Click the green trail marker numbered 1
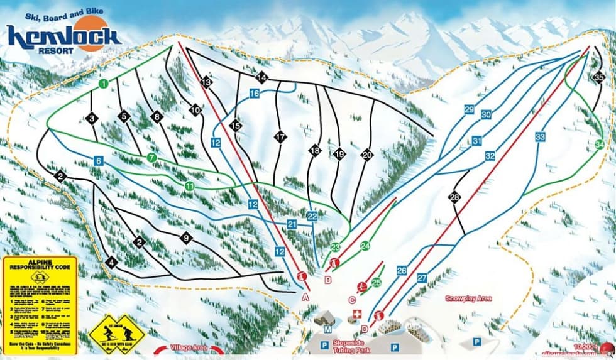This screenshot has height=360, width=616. click(x=103, y=83)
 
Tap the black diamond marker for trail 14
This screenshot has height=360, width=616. click(x=261, y=77)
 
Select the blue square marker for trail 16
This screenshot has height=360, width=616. click(x=254, y=94)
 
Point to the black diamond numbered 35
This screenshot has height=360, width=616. click(x=598, y=77)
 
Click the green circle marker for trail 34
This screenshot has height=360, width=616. click(x=599, y=145)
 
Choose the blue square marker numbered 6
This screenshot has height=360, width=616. click(x=98, y=161)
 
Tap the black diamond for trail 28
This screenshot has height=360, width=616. click(x=454, y=197)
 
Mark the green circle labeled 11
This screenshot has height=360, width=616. click(x=190, y=186)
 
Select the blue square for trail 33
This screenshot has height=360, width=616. click(x=540, y=136)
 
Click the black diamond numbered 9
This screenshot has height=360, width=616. click(x=185, y=237)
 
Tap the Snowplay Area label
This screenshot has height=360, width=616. click(x=468, y=298)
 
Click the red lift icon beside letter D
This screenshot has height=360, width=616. click(x=378, y=316)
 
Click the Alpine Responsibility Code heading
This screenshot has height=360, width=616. click(x=39, y=265)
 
